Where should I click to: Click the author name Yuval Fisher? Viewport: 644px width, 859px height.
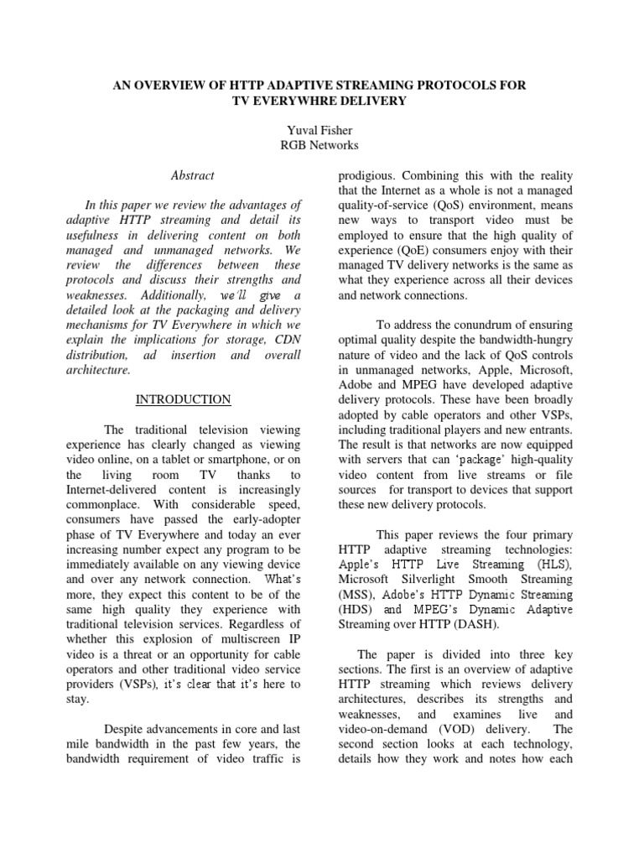click(322, 129)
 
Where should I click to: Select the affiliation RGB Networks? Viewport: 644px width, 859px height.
click(322, 145)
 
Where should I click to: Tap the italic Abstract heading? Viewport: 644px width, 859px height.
click(192, 175)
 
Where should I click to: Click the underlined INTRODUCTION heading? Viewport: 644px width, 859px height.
click(184, 399)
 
